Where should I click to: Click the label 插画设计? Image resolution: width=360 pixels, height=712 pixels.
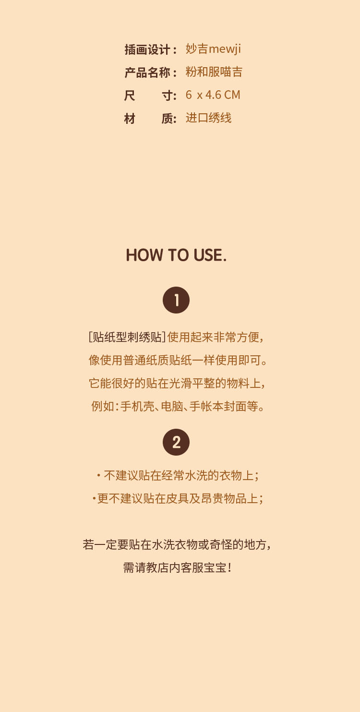tap(147, 49)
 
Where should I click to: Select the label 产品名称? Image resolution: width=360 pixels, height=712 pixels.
tap(147, 72)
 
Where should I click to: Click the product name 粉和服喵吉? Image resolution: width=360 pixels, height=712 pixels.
tap(214, 72)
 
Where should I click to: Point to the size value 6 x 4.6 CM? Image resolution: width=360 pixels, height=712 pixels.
tap(213, 95)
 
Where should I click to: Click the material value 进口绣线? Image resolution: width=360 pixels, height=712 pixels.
tap(208, 118)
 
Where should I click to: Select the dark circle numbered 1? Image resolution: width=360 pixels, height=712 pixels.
tap(176, 300)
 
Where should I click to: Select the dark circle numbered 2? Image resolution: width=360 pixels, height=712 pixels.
tap(176, 442)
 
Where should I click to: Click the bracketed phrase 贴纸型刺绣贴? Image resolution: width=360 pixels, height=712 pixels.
tap(127, 337)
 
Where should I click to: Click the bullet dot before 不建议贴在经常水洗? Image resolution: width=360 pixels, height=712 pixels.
tap(99, 475)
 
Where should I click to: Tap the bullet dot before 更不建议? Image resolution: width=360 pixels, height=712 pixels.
tap(94, 498)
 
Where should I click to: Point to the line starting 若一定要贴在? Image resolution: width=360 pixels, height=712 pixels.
tap(177, 545)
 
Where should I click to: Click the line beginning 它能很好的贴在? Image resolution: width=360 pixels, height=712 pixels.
tap(177, 383)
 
